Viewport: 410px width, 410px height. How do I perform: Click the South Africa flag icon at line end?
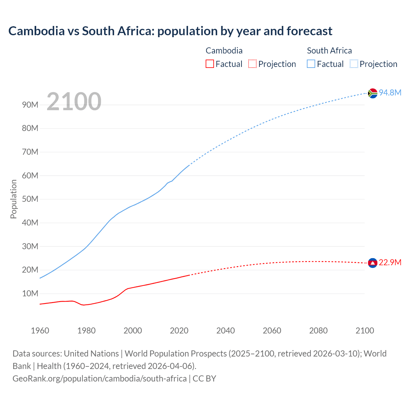click(x=373, y=93)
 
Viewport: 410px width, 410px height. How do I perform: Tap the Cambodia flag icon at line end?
click(x=373, y=263)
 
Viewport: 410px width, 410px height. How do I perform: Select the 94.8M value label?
click(x=390, y=93)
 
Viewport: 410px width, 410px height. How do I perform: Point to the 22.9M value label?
click(x=390, y=263)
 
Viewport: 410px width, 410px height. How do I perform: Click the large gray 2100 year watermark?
click(x=74, y=102)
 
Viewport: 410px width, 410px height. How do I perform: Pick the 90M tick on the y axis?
click(x=30, y=105)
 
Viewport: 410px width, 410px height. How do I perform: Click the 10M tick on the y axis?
click(x=30, y=294)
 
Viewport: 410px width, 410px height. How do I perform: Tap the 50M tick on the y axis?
click(x=30, y=199)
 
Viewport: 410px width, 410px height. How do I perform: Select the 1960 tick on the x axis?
click(x=40, y=331)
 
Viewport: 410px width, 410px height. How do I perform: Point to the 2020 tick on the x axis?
click(x=179, y=331)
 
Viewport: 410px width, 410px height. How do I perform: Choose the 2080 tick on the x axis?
click(x=318, y=331)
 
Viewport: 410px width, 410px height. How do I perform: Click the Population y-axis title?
click(x=13, y=199)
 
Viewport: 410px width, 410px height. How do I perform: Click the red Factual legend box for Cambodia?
click(x=209, y=64)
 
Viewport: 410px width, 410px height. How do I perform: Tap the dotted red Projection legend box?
click(x=252, y=64)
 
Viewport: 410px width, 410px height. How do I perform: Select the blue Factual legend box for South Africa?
click(x=311, y=64)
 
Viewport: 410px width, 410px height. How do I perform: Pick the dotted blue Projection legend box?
click(x=354, y=64)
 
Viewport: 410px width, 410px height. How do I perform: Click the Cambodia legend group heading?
click(x=224, y=51)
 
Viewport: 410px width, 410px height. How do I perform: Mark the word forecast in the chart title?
click(x=309, y=31)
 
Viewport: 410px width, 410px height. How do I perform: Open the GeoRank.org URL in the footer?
click(x=99, y=379)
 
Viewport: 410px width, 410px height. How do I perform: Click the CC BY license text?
click(x=204, y=379)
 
